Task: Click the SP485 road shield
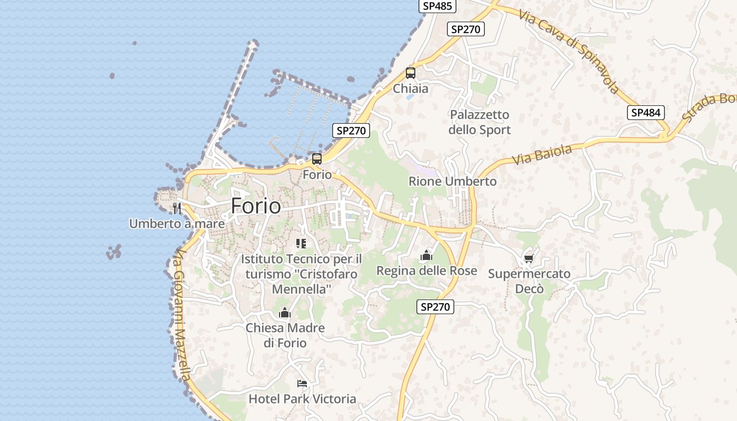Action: [x=437, y=6]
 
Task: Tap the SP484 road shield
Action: [x=646, y=112]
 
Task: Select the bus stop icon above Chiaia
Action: [x=411, y=73]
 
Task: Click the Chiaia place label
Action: [x=411, y=88]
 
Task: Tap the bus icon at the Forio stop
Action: [x=317, y=158]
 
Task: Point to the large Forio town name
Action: [x=256, y=206]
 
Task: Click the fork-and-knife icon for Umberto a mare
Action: [x=177, y=208]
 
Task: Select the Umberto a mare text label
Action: [x=177, y=224]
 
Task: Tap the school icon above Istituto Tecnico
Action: [x=301, y=243]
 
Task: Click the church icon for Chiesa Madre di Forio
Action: [x=285, y=313]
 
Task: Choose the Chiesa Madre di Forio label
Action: [x=285, y=335]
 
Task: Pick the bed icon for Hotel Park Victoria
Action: [x=302, y=383]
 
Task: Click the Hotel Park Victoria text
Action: [x=302, y=399]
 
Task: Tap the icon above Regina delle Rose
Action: [x=426, y=256]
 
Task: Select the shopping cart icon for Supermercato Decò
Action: [x=529, y=258]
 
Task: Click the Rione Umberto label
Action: [x=453, y=182]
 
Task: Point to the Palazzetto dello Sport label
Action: [x=480, y=122]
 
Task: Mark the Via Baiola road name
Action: [x=542, y=155]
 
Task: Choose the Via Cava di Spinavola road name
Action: [x=569, y=51]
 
